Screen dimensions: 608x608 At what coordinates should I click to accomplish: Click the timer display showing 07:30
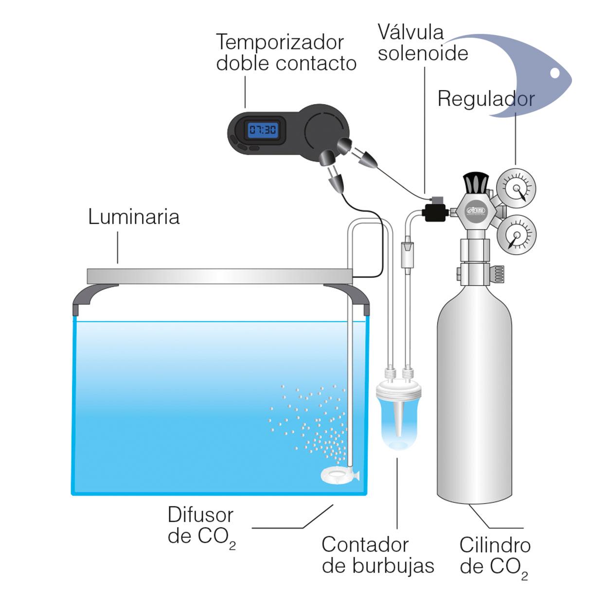pos(263,130)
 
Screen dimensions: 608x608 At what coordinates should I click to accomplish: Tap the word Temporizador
pos(280,42)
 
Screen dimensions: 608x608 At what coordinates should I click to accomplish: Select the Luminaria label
pos(134,216)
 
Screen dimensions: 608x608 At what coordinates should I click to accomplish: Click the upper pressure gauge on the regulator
pos(516,188)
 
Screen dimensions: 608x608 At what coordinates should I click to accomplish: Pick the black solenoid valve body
pos(431,212)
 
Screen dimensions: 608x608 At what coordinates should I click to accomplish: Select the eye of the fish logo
pos(554,73)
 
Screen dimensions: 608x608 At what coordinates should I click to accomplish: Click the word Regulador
pos(486,99)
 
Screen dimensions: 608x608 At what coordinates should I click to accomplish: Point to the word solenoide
pos(423,53)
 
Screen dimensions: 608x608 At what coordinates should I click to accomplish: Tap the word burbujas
pos(378,566)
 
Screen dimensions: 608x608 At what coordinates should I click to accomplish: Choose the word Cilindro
pos(495,545)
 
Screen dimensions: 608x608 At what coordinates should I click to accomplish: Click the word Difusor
pos(200,515)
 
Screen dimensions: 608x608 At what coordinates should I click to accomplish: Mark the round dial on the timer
pos(324,130)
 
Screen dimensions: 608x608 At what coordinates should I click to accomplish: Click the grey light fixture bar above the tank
pos(219,276)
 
